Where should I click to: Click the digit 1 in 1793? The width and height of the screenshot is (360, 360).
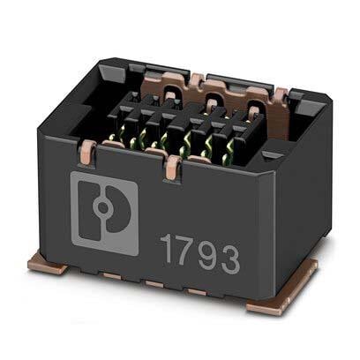click(168, 249)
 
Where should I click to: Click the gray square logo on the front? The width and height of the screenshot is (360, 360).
click(104, 213)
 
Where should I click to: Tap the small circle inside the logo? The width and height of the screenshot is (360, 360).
click(102, 207)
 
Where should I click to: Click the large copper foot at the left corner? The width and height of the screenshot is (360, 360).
click(48, 265)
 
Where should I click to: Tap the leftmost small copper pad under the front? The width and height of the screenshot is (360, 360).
click(112, 276)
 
